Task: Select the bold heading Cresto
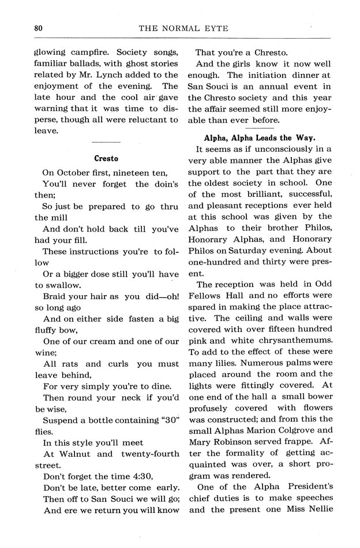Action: [106, 158]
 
